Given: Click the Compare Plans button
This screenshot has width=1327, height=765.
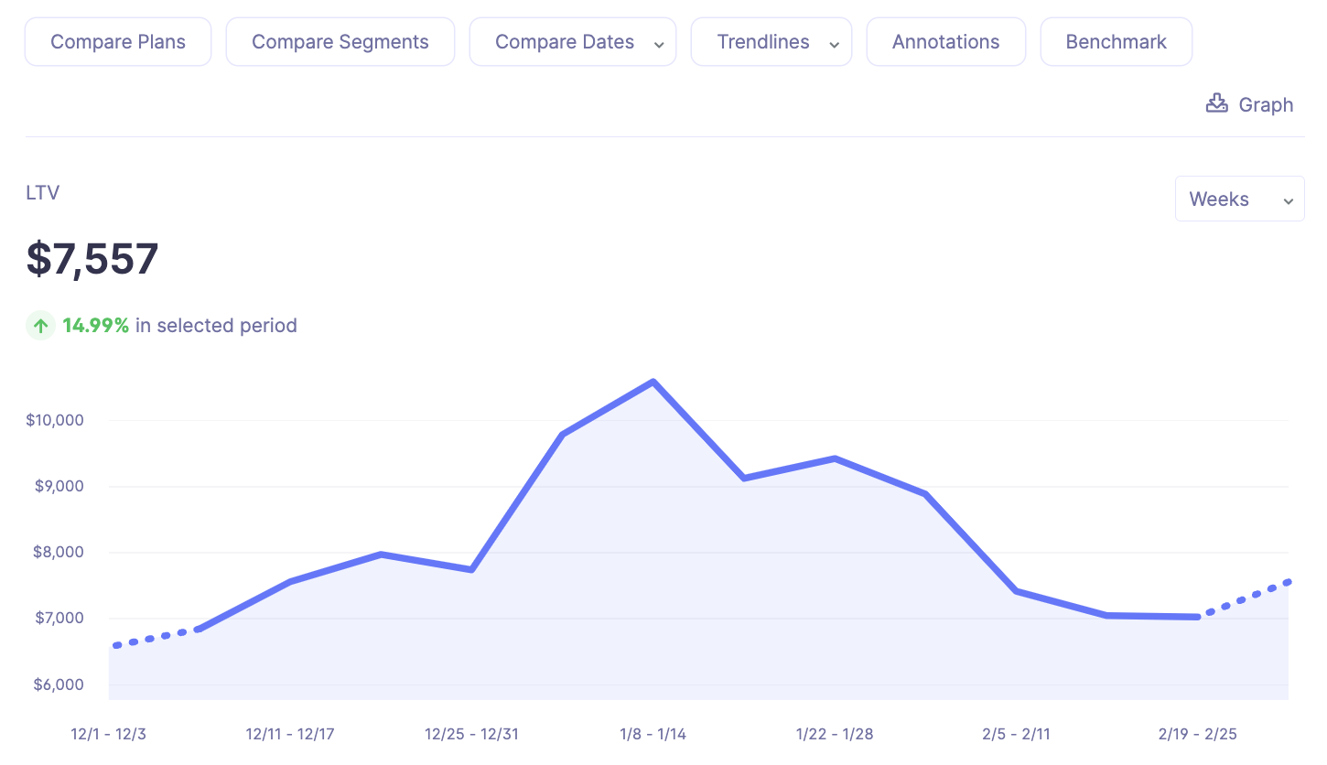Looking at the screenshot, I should [x=118, y=42].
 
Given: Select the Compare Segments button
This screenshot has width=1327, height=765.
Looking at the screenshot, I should [x=340, y=42].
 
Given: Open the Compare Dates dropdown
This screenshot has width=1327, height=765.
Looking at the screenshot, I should [x=573, y=42].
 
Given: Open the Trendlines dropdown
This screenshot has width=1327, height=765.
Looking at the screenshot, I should [x=771, y=42].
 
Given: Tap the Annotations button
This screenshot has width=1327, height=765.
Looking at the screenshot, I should [x=945, y=42].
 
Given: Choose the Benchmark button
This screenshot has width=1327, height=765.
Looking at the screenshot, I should [x=1116, y=42].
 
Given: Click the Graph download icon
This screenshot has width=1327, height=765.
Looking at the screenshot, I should [x=1216, y=103].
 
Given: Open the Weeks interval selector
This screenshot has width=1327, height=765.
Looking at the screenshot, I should [x=1239, y=199].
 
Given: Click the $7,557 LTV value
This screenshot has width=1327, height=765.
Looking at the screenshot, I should [x=92, y=259].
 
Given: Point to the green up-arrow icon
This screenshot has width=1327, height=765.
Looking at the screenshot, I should [x=40, y=325].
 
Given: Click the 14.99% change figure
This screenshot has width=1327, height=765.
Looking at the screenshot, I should [x=95, y=326].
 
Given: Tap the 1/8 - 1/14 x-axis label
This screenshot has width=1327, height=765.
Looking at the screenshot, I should [x=653, y=735].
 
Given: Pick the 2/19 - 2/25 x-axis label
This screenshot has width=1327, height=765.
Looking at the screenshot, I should [x=1197, y=735].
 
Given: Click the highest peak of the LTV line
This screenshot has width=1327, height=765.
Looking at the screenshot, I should [x=653, y=382].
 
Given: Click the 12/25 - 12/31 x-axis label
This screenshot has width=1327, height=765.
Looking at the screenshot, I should [x=471, y=735].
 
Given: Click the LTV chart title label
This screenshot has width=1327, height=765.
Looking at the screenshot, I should [x=43, y=193].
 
